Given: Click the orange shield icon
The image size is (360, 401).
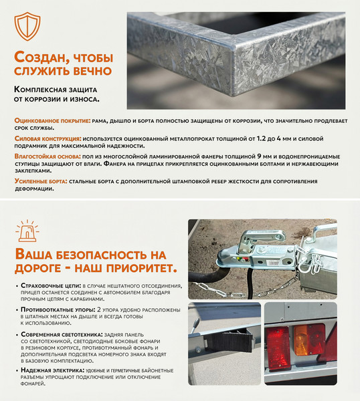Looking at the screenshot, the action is point(27,26).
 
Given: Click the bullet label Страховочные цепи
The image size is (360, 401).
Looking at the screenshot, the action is point(51,285).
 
